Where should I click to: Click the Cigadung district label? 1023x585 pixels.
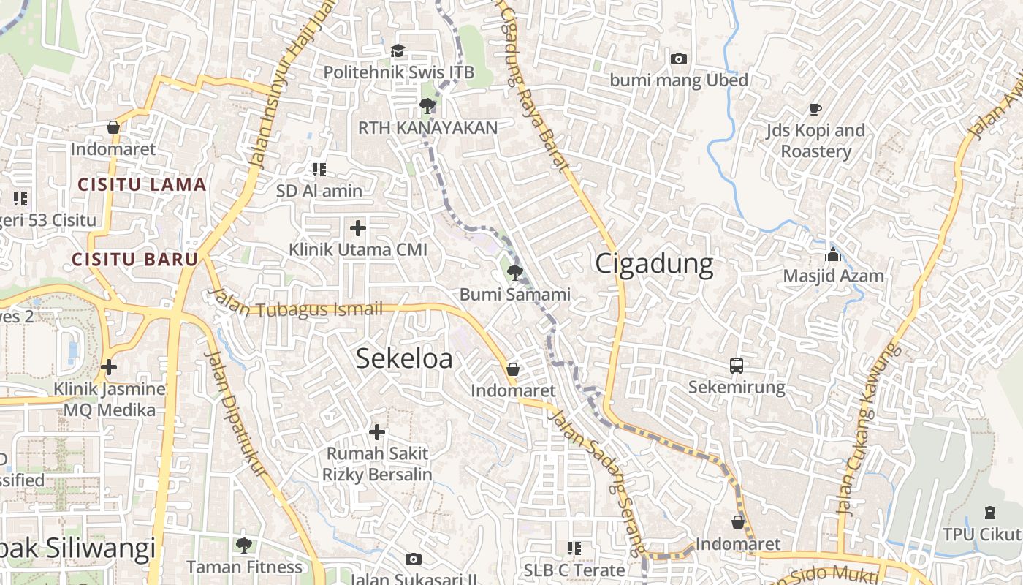tap(654, 263)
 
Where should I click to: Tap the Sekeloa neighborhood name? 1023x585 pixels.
tap(404, 358)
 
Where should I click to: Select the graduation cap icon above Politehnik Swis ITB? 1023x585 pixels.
tap(398, 50)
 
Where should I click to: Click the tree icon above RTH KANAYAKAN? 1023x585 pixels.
tap(427, 107)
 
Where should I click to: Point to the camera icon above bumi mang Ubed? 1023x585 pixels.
tap(679, 58)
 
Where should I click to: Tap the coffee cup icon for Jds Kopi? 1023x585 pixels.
tap(815, 110)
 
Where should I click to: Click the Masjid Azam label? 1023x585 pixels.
tap(834, 276)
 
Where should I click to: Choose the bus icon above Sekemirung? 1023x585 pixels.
tap(737, 366)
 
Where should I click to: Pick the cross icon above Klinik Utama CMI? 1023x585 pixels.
tap(358, 228)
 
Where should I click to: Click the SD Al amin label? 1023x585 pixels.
tap(319, 191)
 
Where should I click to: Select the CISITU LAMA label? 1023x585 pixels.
tap(142, 184)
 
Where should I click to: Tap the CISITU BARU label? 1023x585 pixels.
tap(135, 259)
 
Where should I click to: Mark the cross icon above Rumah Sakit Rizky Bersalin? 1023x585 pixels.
tap(377, 432)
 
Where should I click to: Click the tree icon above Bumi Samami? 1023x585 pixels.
tap(514, 273)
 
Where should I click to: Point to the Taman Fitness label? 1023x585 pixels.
tap(244, 567)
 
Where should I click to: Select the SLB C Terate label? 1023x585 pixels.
tap(574, 570)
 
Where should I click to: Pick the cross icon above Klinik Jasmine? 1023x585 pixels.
tap(109, 367)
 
